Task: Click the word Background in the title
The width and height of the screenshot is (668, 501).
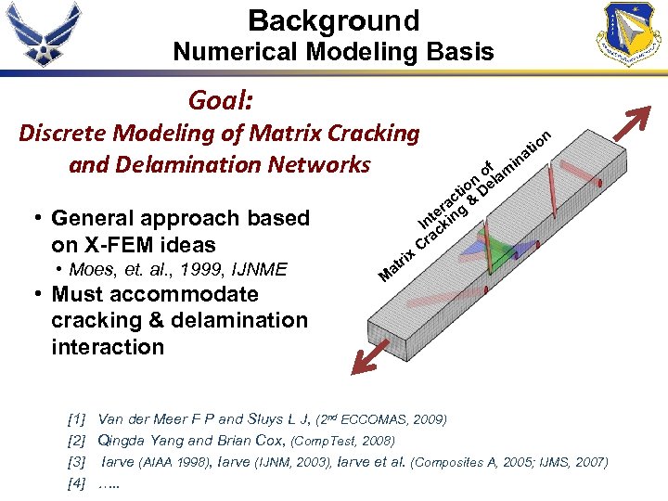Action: tap(333, 19)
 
